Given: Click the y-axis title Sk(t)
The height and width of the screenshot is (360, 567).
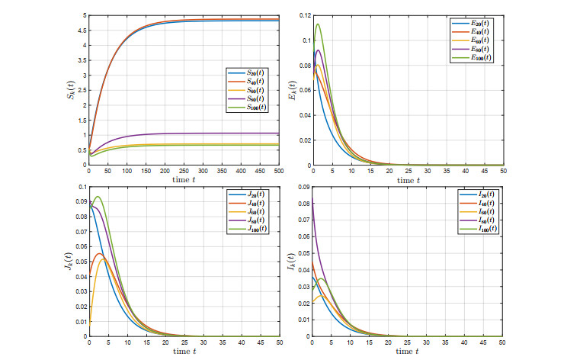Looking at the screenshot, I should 73,90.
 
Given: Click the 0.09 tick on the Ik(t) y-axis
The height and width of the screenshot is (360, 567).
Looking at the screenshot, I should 303,187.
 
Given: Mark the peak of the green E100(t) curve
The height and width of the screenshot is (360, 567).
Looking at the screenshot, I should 318,24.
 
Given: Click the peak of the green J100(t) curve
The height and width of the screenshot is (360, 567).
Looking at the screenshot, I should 98,197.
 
